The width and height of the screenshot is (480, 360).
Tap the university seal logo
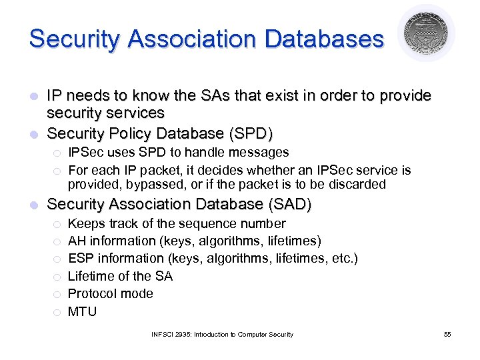(426, 32)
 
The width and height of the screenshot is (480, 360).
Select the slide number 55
(447, 334)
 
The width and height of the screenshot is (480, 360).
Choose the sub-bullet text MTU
(82, 311)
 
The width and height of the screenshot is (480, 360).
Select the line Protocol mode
(110, 293)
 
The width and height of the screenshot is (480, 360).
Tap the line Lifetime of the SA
(120, 276)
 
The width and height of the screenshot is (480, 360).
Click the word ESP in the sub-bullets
(81, 258)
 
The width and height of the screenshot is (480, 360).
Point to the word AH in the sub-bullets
(77, 241)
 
